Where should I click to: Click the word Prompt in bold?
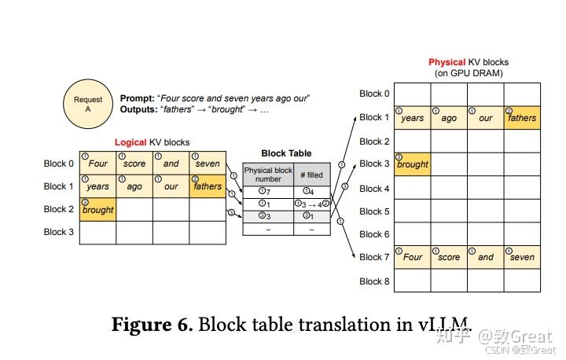pyautogui.click(x=137, y=98)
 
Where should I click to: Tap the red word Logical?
pyautogui.click(x=130, y=142)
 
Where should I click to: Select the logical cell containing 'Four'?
pyautogui.click(x=97, y=163)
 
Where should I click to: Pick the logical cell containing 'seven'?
pyautogui.click(x=208, y=163)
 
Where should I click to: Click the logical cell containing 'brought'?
pyautogui.click(x=97, y=210)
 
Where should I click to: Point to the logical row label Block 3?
pyautogui.click(x=60, y=232)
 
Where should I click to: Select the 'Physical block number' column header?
pyautogui.click(x=267, y=174)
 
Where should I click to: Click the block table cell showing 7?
pyautogui.click(x=267, y=192)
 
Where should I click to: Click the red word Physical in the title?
pyautogui.click(x=447, y=62)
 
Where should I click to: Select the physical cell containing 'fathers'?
pyautogui.click(x=521, y=118)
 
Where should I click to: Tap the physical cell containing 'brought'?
pyautogui.click(x=413, y=164)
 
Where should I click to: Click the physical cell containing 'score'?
pyautogui.click(x=449, y=257)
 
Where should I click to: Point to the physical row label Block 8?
pyautogui.click(x=374, y=281)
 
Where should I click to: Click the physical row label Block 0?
pyautogui.click(x=374, y=94)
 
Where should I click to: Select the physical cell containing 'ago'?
pyautogui.click(x=449, y=118)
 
